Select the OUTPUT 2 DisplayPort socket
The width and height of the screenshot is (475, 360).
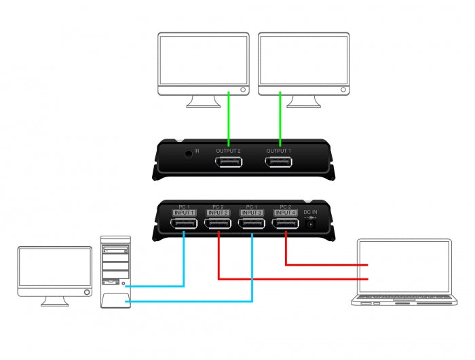[228, 162]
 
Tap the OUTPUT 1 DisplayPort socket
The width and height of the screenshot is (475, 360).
[279, 162]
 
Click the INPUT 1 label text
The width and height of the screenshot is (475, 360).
[184, 213]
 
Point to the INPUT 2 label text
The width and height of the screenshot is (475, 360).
[218, 213]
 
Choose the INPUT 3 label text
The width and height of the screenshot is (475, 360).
[252, 213]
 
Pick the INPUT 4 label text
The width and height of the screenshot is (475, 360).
[286, 213]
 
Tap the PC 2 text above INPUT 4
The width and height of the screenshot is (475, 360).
[286, 206]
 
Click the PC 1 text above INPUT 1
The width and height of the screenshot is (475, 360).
[184, 206]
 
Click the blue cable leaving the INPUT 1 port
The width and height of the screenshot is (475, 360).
[184, 258]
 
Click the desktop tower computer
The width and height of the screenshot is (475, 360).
[115, 272]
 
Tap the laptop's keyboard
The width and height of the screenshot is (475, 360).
[404, 298]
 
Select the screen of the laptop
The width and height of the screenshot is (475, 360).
[404, 266]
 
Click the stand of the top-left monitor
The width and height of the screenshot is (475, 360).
[203, 102]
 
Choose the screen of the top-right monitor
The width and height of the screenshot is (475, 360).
[304, 60]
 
